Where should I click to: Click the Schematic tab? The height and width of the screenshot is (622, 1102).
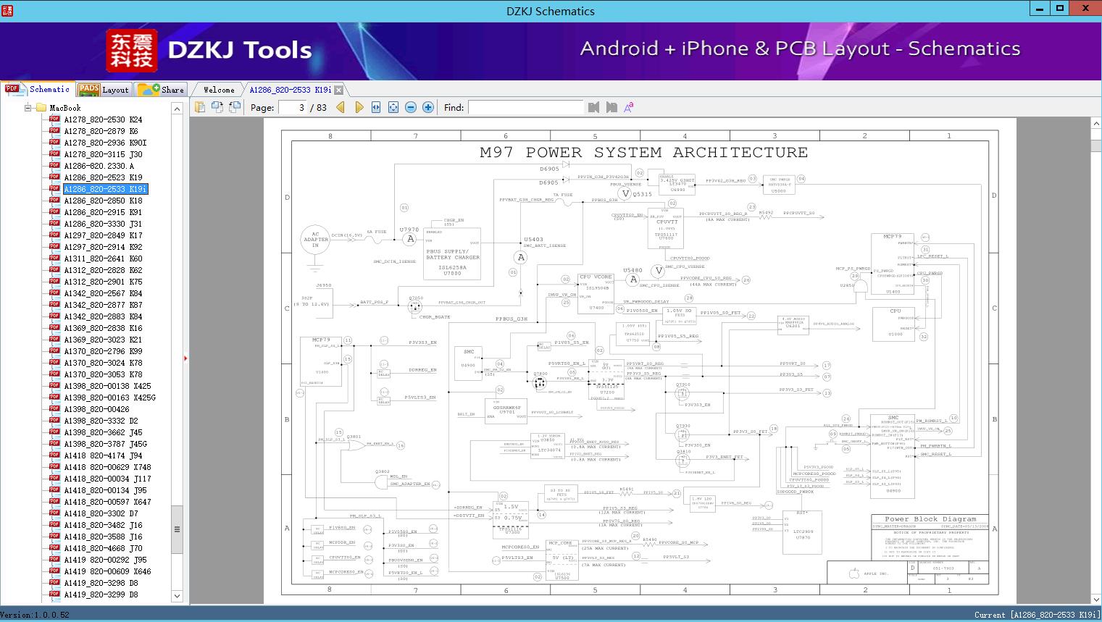point(39,89)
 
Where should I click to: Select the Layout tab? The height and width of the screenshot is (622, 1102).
point(104,90)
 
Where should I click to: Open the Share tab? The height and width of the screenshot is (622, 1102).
point(162,90)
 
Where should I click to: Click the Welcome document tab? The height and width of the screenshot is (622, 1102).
point(218,90)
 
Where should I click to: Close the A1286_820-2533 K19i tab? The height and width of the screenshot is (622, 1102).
point(339,91)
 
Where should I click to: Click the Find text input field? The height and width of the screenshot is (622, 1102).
point(525,107)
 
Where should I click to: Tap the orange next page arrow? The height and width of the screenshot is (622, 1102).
point(359,107)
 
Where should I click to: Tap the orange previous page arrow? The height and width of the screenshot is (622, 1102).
point(341,107)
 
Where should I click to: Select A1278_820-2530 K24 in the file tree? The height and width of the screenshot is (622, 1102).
point(103,119)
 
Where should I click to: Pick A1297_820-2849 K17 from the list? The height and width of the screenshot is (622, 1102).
point(103,235)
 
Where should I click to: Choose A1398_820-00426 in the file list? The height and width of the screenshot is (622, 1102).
point(96,409)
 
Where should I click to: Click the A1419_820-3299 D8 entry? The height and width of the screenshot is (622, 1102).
point(101,594)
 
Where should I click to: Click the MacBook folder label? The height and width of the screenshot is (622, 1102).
point(64,108)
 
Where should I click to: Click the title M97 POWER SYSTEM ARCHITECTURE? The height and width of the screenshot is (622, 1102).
point(643,153)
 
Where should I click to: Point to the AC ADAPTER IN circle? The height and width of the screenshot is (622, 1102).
point(315,240)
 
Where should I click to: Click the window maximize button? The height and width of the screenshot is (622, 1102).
point(1060,9)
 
